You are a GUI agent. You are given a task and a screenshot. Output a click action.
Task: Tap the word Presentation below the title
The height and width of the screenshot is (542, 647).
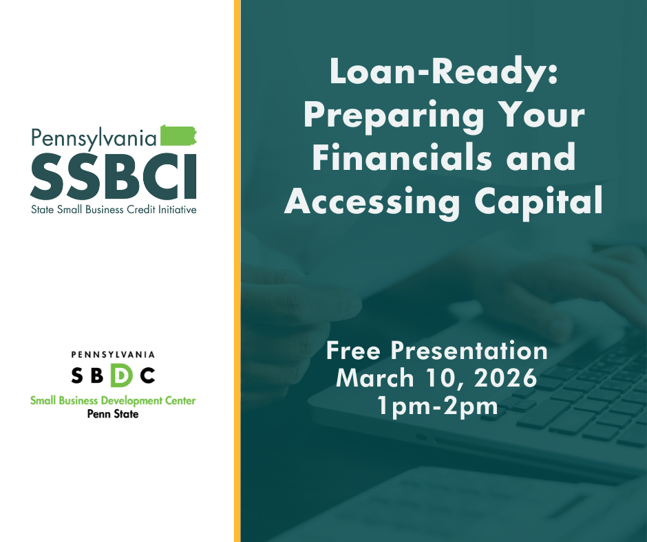(x=469, y=351)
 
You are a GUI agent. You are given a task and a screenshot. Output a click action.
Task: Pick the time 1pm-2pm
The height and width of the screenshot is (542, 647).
(x=437, y=405)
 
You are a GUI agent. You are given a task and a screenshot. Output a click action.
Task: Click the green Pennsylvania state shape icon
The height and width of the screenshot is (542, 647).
(x=178, y=135)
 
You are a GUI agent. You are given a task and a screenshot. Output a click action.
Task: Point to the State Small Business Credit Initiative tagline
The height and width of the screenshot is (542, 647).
(x=114, y=209)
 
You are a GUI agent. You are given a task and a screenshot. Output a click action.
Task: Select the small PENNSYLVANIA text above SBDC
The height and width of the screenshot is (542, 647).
(x=114, y=355)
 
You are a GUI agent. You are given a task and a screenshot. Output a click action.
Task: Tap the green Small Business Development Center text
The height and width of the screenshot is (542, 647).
(x=114, y=400)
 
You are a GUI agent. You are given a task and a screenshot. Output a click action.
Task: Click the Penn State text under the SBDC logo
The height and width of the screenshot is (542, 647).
(x=114, y=414)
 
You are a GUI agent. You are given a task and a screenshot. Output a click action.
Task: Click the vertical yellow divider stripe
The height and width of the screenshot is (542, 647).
(x=237, y=271)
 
